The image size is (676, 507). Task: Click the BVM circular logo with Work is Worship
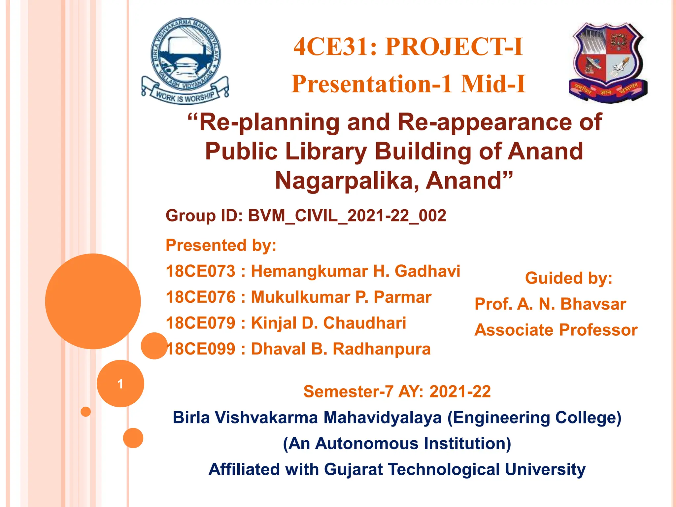point(185,61)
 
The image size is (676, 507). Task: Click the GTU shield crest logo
point(608,63)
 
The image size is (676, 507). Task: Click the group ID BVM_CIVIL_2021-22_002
point(347,216)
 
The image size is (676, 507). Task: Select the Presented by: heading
point(221,245)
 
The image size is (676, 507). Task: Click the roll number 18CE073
point(200,271)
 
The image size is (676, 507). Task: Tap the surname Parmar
point(402,297)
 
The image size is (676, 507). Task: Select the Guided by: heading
point(568,278)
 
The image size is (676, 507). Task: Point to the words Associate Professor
point(556,330)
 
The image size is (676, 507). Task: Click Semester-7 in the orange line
point(348,392)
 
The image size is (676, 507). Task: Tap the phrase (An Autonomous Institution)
point(397,443)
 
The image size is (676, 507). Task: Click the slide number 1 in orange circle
point(120,384)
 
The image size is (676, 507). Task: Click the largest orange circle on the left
point(93,301)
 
